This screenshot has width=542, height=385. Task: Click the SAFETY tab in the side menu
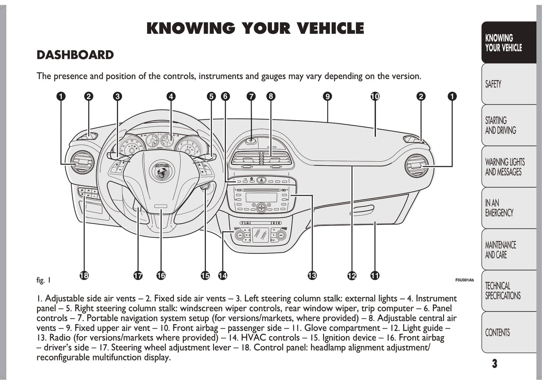(x=508, y=84)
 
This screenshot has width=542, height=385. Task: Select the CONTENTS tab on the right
(x=508, y=332)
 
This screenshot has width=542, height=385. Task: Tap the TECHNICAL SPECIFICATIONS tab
(x=508, y=291)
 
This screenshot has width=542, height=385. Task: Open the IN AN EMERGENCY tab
(x=508, y=208)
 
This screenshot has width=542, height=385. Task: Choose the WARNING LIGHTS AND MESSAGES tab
(x=508, y=167)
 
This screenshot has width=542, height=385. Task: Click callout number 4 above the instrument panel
(x=171, y=96)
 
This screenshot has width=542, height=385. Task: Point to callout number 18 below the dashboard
(x=84, y=276)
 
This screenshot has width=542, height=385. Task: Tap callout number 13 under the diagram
(x=312, y=276)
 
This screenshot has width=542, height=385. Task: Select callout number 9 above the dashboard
(x=327, y=96)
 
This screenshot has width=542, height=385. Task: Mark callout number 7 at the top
(x=251, y=96)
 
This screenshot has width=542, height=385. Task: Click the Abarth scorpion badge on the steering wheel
(x=162, y=172)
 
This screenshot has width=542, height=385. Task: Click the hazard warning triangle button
(x=261, y=180)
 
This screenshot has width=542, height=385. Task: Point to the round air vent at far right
(x=416, y=165)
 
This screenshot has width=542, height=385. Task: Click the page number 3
(x=495, y=364)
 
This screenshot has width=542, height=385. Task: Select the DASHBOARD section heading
(x=75, y=55)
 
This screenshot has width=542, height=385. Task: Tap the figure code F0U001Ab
(x=464, y=280)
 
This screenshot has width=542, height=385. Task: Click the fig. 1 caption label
(x=43, y=280)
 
